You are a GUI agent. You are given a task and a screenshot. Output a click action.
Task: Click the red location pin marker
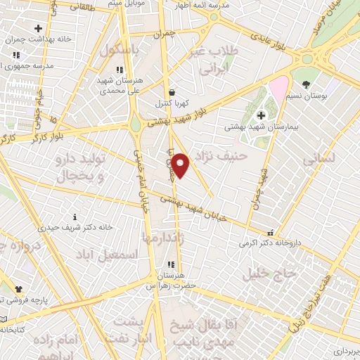coord(180,165)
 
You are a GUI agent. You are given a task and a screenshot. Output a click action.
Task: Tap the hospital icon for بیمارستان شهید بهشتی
coord(262,115)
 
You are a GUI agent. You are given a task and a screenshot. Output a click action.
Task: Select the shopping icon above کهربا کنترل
coord(172,92)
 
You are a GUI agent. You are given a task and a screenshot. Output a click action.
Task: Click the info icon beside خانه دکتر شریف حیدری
coord(76,217)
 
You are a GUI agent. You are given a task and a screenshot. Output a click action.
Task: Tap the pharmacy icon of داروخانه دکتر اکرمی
coord(270,233)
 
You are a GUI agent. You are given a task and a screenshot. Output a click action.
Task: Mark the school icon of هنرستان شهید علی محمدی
coord(120,69)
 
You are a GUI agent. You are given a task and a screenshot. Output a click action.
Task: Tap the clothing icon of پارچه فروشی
coord(19,288)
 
